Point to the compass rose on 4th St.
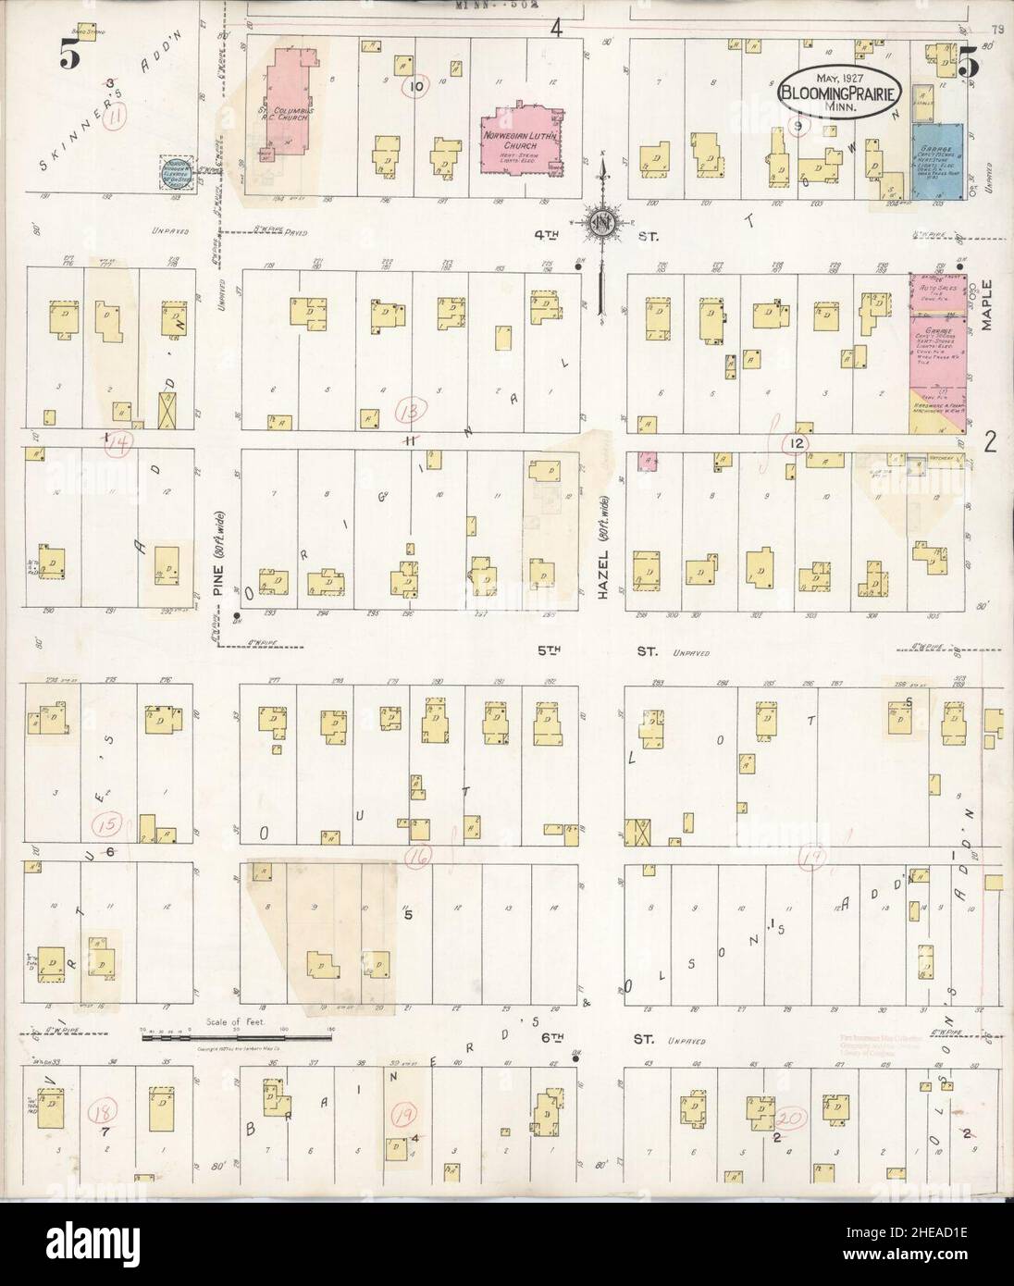(x=601, y=222)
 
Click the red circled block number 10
(x=416, y=87)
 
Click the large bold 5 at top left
(x=68, y=56)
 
